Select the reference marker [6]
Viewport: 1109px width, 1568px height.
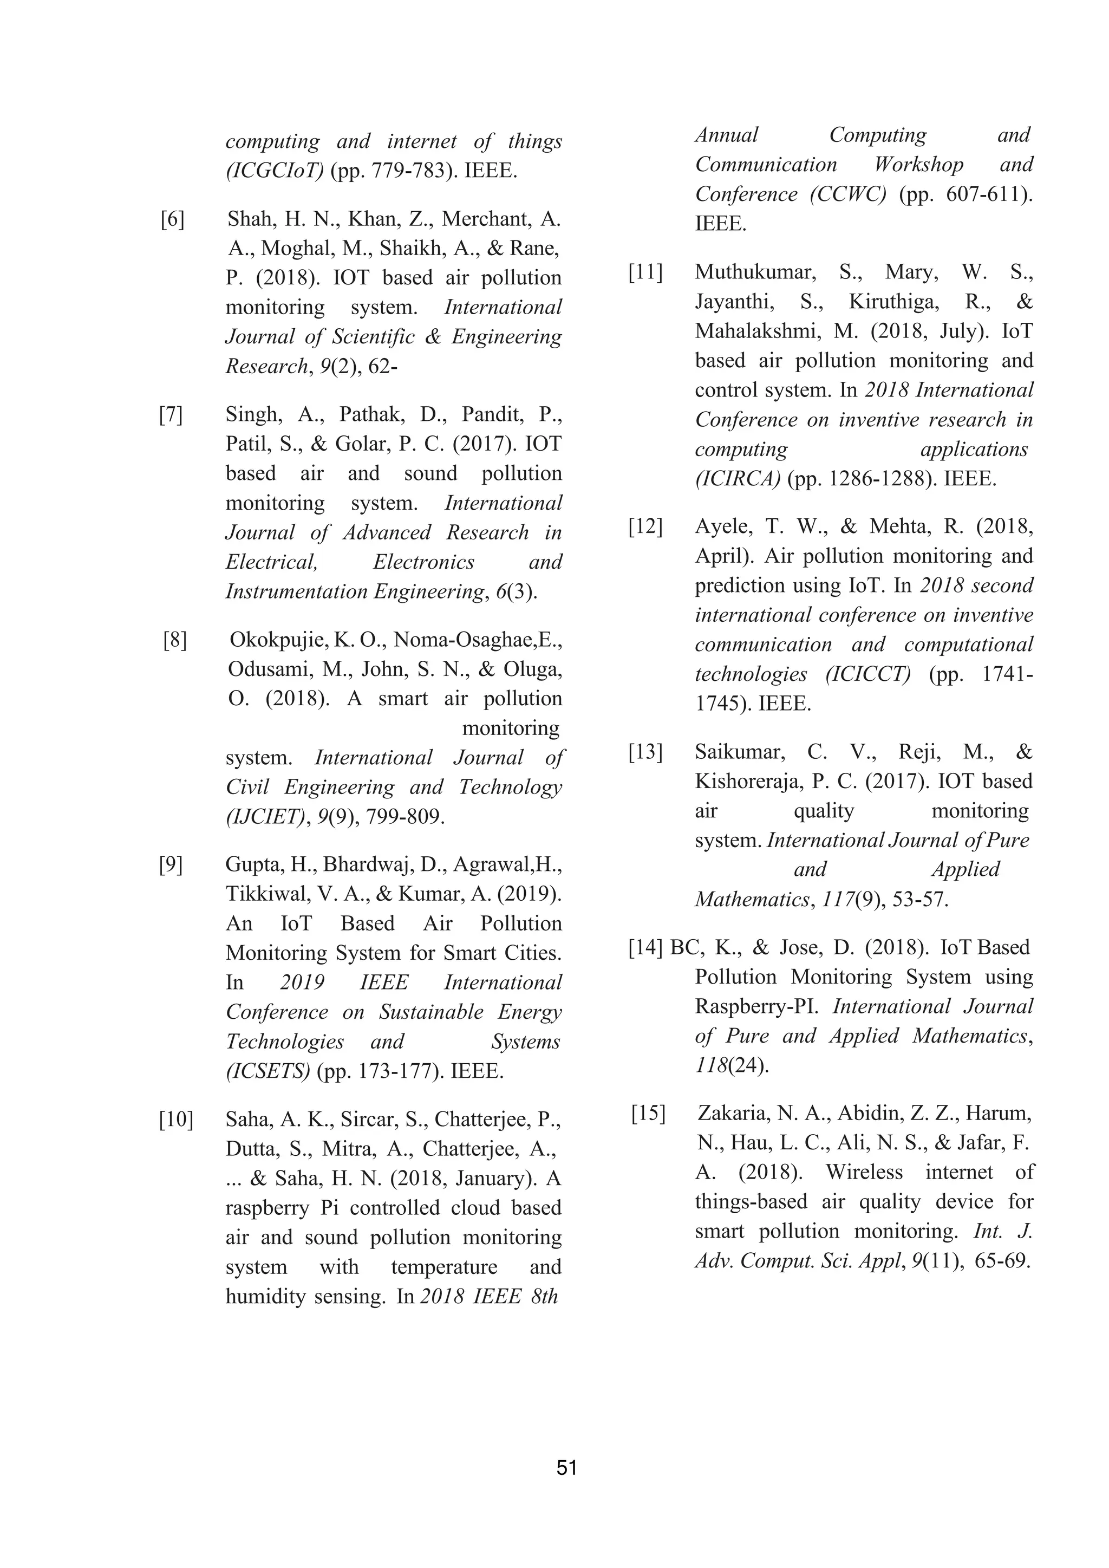click(x=173, y=219)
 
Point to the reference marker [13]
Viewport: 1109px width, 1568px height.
click(x=645, y=752)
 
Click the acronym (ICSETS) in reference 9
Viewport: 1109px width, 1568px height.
click(x=268, y=1071)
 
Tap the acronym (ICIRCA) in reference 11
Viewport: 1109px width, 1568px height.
click(x=738, y=479)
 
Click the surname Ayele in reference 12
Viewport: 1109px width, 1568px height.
click(x=720, y=526)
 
